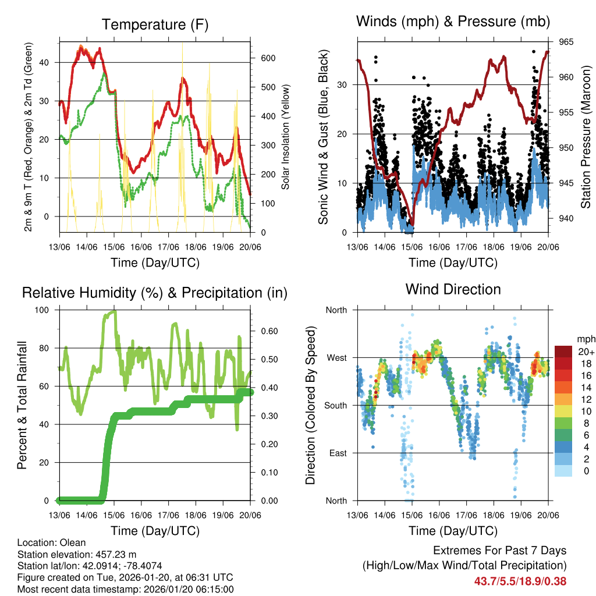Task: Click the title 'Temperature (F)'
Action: (155, 24)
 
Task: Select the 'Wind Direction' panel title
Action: (453, 289)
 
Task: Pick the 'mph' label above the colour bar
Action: (585, 338)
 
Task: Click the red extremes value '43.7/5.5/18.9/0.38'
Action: (520, 581)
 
